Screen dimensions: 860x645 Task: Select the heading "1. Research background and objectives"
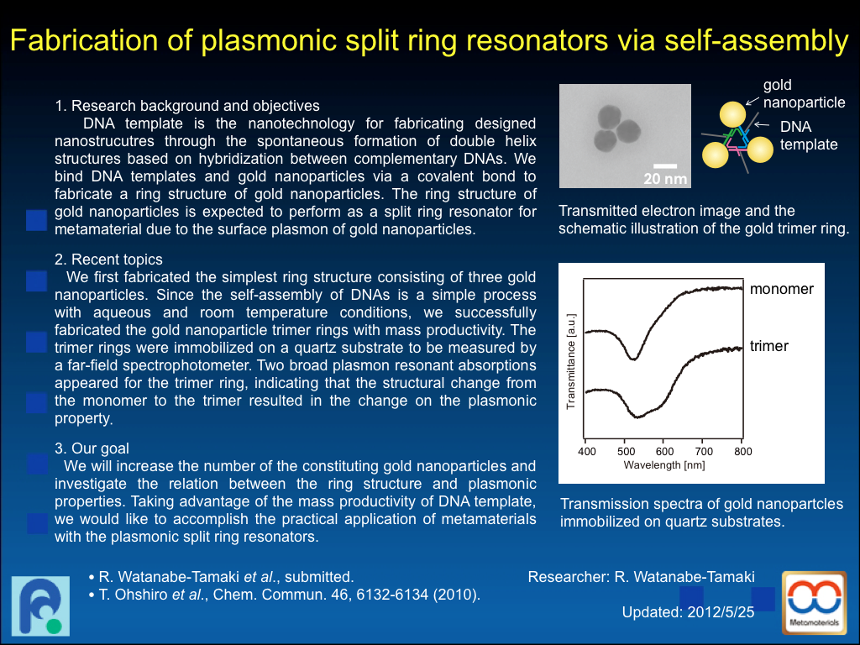(x=187, y=106)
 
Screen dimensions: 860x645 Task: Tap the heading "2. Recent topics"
(x=108, y=260)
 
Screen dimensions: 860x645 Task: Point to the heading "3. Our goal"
(x=92, y=448)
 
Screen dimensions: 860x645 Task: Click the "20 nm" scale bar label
(x=665, y=179)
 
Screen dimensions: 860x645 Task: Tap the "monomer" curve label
(x=782, y=289)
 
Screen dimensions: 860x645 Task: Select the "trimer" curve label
(x=769, y=346)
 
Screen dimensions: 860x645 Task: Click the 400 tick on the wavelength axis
(x=587, y=451)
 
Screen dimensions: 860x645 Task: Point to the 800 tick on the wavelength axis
(x=743, y=451)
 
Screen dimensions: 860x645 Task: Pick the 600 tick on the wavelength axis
(x=665, y=451)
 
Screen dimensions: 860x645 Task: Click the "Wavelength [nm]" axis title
(x=664, y=465)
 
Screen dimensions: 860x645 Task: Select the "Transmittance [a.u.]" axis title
(x=571, y=361)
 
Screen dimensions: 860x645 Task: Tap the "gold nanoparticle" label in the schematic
(x=804, y=94)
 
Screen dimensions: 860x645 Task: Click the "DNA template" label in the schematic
(x=809, y=135)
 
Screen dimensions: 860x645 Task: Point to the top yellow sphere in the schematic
(x=732, y=114)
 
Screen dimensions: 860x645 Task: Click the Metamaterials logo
(x=815, y=603)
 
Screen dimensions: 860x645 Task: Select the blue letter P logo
(x=40, y=606)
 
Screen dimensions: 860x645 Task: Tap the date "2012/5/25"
(x=721, y=612)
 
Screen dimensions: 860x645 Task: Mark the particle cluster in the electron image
(x=616, y=128)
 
